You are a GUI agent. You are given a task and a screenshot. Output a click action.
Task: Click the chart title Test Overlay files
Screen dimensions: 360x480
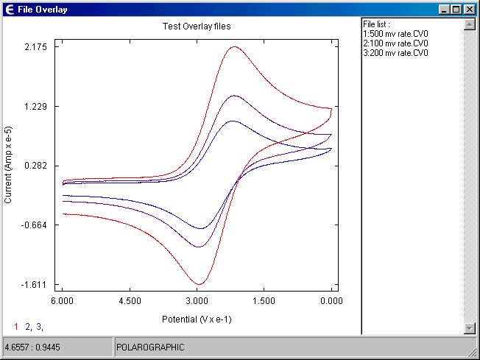[x=197, y=26]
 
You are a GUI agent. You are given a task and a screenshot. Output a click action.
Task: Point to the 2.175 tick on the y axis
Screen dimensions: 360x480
[x=36, y=47]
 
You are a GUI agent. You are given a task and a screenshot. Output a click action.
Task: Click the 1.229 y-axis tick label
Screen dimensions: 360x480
[x=36, y=106]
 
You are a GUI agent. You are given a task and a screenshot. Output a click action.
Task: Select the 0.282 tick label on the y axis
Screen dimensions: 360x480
[x=36, y=166]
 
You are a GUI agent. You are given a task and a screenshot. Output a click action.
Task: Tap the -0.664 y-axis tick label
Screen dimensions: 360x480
[x=35, y=225]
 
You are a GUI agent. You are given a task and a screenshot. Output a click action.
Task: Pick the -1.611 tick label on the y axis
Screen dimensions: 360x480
[x=35, y=284]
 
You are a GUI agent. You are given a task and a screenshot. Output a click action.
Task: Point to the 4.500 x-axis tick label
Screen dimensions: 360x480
[x=130, y=301]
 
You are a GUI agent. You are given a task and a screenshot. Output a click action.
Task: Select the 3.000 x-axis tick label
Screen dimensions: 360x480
[x=197, y=301]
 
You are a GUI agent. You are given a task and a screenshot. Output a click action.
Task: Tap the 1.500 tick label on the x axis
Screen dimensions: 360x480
[x=264, y=301]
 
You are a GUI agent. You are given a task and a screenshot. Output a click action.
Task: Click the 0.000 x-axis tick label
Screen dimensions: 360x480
[x=331, y=301]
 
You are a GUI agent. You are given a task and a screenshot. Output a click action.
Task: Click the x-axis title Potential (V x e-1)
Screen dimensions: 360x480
[x=197, y=320]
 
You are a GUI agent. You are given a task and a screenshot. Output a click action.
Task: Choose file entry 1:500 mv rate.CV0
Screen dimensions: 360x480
[x=395, y=34]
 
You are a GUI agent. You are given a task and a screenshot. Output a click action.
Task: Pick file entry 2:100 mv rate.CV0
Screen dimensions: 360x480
[x=395, y=43]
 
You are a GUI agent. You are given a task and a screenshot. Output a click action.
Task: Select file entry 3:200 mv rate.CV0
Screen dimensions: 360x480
[x=395, y=53]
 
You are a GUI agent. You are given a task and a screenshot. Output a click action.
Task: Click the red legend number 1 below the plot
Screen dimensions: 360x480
[x=16, y=327]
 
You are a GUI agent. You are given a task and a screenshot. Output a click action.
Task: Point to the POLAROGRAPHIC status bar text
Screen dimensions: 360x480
[x=150, y=347]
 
